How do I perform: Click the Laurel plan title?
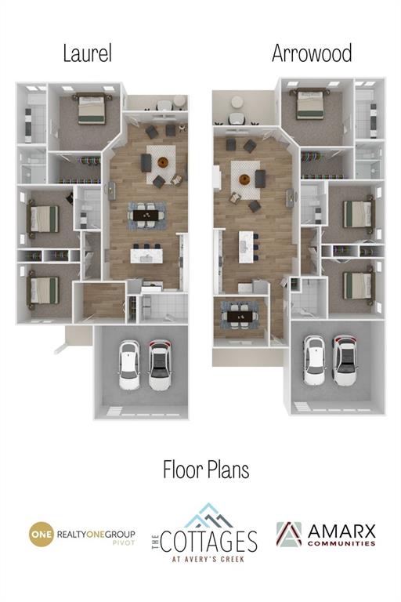tap(88, 54)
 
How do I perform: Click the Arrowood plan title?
tap(312, 54)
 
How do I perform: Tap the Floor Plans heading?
tap(206, 470)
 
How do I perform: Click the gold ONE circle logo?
tap(41, 534)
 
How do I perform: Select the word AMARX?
tap(341, 531)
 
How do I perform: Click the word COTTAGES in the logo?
tap(209, 542)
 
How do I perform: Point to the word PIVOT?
tap(124, 543)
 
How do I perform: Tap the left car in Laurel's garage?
tap(129, 365)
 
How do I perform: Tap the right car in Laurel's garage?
tap(160, 365)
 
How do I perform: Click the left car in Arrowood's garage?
tap(315, 360)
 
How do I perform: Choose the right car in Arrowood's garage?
tap(345, 360)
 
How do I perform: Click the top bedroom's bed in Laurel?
tap(92, 108)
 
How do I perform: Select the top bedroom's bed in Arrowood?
tap(310, 103)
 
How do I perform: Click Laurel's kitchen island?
tap(146, 256)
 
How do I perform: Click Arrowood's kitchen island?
tap(246, 247)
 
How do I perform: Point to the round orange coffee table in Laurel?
tap(164, 162)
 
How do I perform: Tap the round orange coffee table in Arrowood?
tap(244, 179)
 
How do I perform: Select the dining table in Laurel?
tap(146, 216)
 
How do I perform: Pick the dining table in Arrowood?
tap(240, 317)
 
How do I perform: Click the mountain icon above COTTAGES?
tap(208, 515)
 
